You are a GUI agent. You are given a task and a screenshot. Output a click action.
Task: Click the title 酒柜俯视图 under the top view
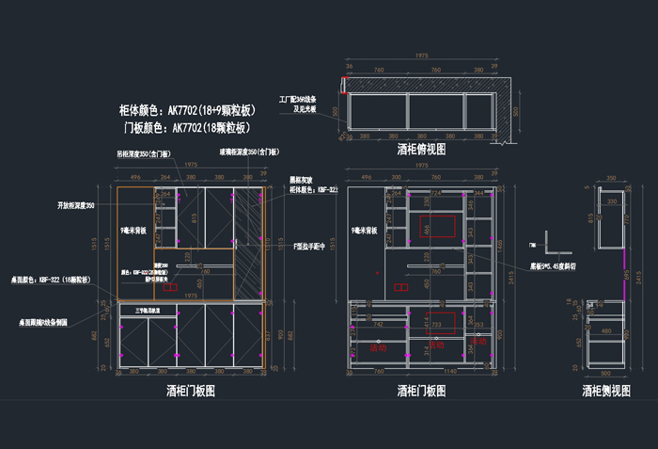[421, 149]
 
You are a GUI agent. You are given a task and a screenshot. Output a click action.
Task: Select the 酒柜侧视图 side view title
[604, 390]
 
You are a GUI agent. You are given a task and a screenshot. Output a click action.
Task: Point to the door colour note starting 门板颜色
[188, 128]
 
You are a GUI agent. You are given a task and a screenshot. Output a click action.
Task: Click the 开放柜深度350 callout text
[76, 205]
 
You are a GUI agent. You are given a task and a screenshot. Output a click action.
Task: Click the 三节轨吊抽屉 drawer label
[146, 311]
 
